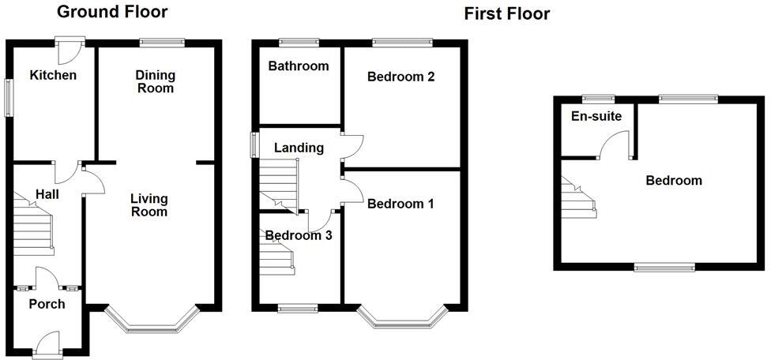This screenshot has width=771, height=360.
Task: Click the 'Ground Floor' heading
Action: pyautogui.click(x=112, y=12)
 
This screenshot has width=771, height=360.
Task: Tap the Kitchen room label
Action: pyautogui.click(x=53, y=75)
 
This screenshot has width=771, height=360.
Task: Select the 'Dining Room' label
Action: pyautogui.click(x=155, y=81)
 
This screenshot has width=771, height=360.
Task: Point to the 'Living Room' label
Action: pyautogui.click(x=149, y=204)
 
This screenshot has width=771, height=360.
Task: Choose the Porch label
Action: pyautogui.click(x=47, y=304)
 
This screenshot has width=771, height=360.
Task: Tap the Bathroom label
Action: pyautogui.click(x=298, y=66)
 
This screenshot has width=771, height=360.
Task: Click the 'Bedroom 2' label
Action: pyautogui.click(x=401, y=77)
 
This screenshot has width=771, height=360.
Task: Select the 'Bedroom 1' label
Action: pyautogui.click(x=401, y=204)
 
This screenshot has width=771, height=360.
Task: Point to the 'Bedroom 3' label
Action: pyautogui.click(x=299, y=235)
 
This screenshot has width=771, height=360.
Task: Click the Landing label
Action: pyautogui.click(x=299, y=148)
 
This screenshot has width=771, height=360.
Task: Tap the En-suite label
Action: pyautogui.click(x=596, y=117)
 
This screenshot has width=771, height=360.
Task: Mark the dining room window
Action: pyautogui.click(x=162, y=41)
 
